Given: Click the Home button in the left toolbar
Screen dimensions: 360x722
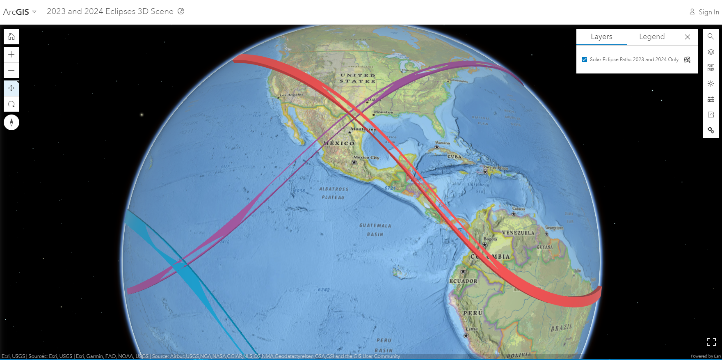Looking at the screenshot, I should (x=11, y=37).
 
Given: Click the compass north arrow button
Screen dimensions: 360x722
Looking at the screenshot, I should (x=11, y=122).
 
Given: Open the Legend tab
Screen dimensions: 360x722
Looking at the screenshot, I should (x=651, y=37).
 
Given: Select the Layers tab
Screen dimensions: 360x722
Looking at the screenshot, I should (x=601, y=37).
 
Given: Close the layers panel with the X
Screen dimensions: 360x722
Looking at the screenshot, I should (x=688, y=37).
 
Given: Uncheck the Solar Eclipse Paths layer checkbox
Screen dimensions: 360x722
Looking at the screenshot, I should (x=585, y=60).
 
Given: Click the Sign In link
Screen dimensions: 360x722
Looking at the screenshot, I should (x=704, y=12).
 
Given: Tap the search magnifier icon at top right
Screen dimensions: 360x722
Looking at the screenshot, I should (x=711, y=36).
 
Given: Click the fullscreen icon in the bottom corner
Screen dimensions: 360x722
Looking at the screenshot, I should (x=711, y=342).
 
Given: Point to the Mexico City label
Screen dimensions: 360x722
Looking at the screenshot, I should (x=366, y=158).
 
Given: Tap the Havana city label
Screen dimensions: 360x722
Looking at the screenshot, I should (x=442, y=143).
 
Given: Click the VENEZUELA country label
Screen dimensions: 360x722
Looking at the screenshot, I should (x=518, y=233).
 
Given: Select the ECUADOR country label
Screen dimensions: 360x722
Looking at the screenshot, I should (x=463, y=281).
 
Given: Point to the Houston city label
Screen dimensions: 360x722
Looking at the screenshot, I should (x=384, y=112).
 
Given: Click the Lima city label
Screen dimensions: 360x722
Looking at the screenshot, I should (x=472, y=329).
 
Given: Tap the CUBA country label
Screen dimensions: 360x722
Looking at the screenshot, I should (x=455, y=157).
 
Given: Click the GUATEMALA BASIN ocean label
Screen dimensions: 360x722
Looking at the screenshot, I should (x=375, y=230).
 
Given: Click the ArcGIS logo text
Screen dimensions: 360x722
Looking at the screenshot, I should (x=16, y=12).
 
